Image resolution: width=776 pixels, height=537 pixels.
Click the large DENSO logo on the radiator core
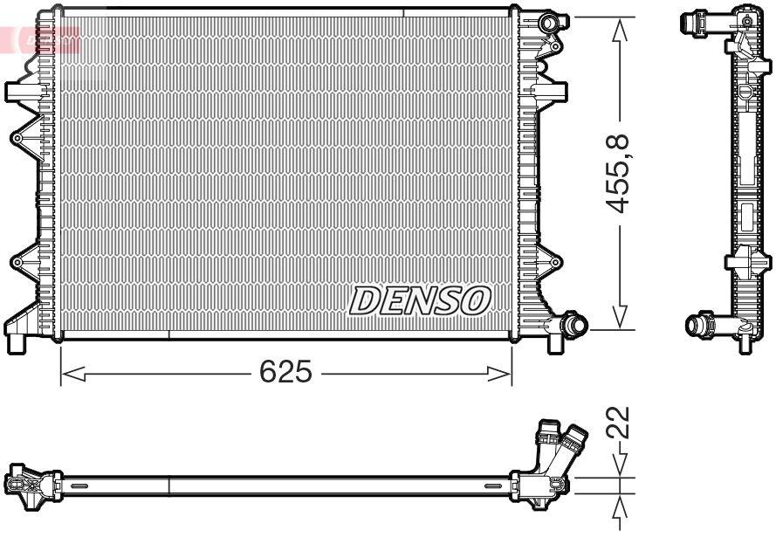pos(419,301)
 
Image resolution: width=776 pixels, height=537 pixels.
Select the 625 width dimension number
pos(285,373)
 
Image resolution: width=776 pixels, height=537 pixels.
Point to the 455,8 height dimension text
pos(621,174)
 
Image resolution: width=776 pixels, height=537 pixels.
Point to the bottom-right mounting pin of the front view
pos(554,343)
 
